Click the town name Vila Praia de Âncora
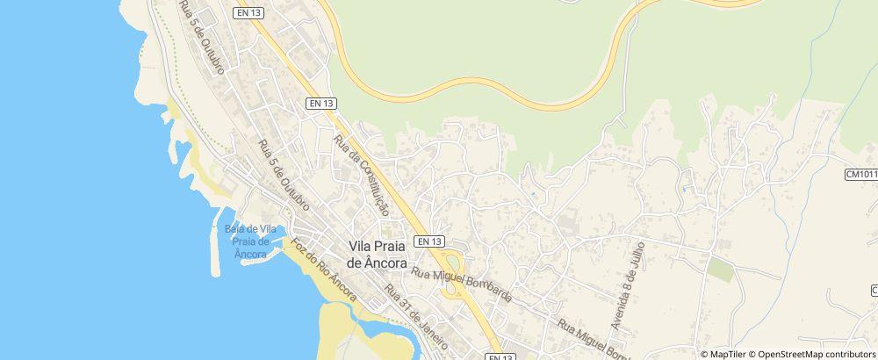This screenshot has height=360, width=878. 378,255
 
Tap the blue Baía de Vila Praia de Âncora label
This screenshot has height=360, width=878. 251,241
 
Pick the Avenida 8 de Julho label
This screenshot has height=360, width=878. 630,285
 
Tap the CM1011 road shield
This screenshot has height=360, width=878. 861,175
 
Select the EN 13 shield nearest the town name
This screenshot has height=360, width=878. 429,241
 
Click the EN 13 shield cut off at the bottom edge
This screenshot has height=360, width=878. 499,356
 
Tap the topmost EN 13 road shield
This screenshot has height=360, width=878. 248,12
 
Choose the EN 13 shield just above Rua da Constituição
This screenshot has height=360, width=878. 321,104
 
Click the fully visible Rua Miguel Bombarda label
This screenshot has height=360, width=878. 462,287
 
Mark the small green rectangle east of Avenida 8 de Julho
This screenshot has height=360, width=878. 720,270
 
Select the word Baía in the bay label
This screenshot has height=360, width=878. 235,229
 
